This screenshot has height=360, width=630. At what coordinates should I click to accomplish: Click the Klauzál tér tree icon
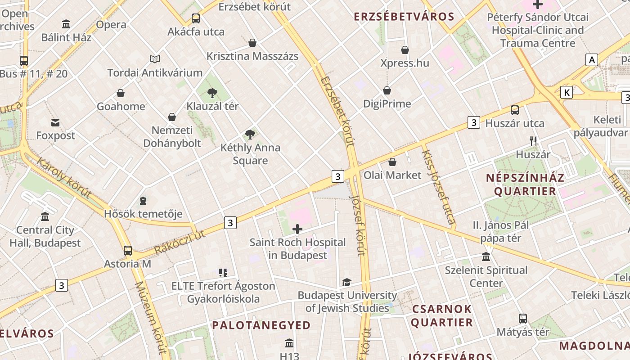point(212,93)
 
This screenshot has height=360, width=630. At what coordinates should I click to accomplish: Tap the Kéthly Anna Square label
point(250,154)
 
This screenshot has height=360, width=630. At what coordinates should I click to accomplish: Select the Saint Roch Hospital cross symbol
point(297,229)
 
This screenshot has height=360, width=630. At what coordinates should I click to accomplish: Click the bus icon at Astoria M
point(128,251)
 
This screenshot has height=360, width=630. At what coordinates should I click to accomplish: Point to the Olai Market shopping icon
point(392,162)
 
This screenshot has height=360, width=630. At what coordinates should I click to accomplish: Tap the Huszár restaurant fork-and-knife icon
point(533,141)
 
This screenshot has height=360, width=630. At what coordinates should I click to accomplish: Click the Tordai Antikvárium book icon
point(155,59)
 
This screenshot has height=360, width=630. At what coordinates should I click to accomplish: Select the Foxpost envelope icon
point(55,122)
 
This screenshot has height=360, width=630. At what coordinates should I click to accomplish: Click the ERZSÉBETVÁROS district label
point(404,17)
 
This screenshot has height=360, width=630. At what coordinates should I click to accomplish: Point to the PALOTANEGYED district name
point(261,325)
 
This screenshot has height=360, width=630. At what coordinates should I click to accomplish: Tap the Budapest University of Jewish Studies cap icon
point(346,282)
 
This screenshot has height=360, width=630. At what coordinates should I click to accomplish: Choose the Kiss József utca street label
point(438,186)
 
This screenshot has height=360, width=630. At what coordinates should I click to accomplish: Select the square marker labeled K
point(567,93)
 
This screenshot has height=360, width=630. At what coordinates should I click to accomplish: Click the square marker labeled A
point(592,59)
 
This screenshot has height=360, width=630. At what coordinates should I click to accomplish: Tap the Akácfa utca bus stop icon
point(196,18)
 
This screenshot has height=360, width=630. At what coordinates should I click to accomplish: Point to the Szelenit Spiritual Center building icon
point(486,257)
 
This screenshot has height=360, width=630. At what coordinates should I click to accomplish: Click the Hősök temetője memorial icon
point(143,200)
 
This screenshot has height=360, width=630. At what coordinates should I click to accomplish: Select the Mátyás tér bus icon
point(523,319)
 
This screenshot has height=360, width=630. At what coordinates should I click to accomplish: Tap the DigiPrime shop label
point(387,104)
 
